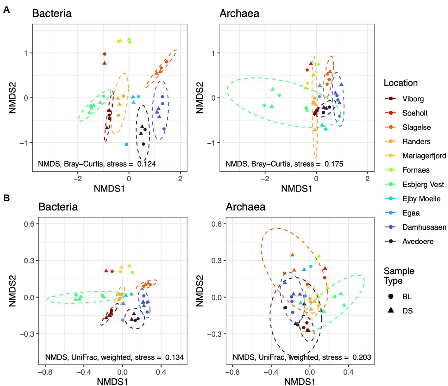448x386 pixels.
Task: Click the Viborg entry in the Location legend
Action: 413,99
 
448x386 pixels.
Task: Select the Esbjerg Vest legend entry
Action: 423,184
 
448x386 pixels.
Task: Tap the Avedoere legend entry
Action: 418,241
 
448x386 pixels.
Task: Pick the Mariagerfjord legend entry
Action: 424,156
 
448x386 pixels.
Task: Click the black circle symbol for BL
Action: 391,296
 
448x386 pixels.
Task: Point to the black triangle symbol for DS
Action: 391,310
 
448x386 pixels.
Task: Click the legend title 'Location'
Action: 400,83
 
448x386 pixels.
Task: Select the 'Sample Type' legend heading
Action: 399,276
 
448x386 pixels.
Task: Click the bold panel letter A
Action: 6,10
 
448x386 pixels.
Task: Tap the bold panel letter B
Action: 6,198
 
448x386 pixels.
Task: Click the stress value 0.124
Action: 147,164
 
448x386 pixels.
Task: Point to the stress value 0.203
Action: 362,357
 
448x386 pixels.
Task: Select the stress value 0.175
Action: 334,164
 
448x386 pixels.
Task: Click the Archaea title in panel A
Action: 239,13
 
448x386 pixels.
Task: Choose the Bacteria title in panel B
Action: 58,207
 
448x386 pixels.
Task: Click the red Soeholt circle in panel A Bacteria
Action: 104,54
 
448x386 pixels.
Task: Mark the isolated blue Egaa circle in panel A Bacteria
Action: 126,144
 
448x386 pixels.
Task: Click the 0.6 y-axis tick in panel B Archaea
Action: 216,224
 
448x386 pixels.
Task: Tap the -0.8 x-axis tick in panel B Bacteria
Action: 45,372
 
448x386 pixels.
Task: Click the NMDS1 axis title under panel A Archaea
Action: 297,189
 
